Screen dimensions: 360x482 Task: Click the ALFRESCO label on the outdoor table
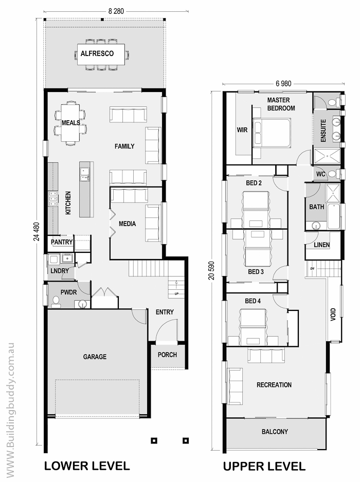click(97, 53)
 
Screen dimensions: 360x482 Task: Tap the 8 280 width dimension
click(116, 11)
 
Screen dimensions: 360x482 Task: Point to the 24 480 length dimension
click(37, 231)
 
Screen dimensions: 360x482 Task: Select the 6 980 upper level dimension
click(283, 83)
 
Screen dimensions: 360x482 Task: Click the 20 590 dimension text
click(211, 270)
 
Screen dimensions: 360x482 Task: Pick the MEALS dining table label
click(71, 123)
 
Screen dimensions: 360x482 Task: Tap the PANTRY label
click(62, 242)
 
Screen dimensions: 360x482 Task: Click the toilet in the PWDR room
click(56, 301)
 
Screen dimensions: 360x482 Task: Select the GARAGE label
click(95, 357)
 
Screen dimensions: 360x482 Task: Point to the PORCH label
click(167, 355)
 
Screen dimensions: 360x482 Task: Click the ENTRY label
click(165, 312)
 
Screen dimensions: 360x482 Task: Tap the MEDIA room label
click(128, 224)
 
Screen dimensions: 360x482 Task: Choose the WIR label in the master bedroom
click(242, 129)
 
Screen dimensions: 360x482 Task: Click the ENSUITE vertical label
click(323, 131)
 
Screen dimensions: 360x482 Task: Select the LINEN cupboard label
click(322, 245)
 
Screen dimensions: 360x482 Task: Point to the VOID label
click(333, 314)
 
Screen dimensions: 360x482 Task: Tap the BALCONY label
click(275, 432)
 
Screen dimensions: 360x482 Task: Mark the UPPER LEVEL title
click(264, 466)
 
